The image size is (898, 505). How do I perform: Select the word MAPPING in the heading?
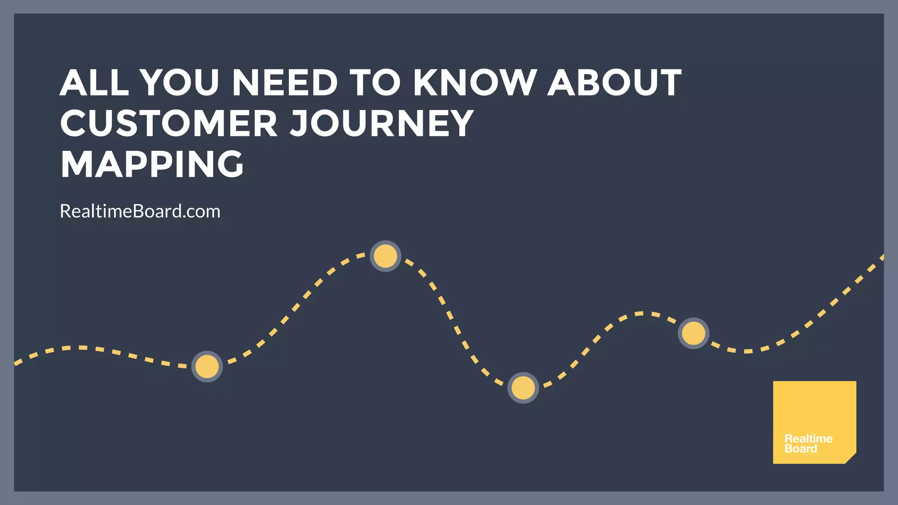tap(152, 164)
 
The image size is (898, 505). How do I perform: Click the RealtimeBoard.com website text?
tap(140, 211)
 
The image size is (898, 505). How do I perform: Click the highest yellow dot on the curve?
tap(385, 256)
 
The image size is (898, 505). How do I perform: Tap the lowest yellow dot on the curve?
tap(523, 388)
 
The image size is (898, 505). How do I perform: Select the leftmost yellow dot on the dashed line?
tap(207, 366)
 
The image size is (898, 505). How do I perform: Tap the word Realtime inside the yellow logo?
tap(809, 439)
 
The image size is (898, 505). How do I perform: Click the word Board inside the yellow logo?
tap(801, 448)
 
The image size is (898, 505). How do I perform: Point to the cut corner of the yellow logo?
tap(851, 459)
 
